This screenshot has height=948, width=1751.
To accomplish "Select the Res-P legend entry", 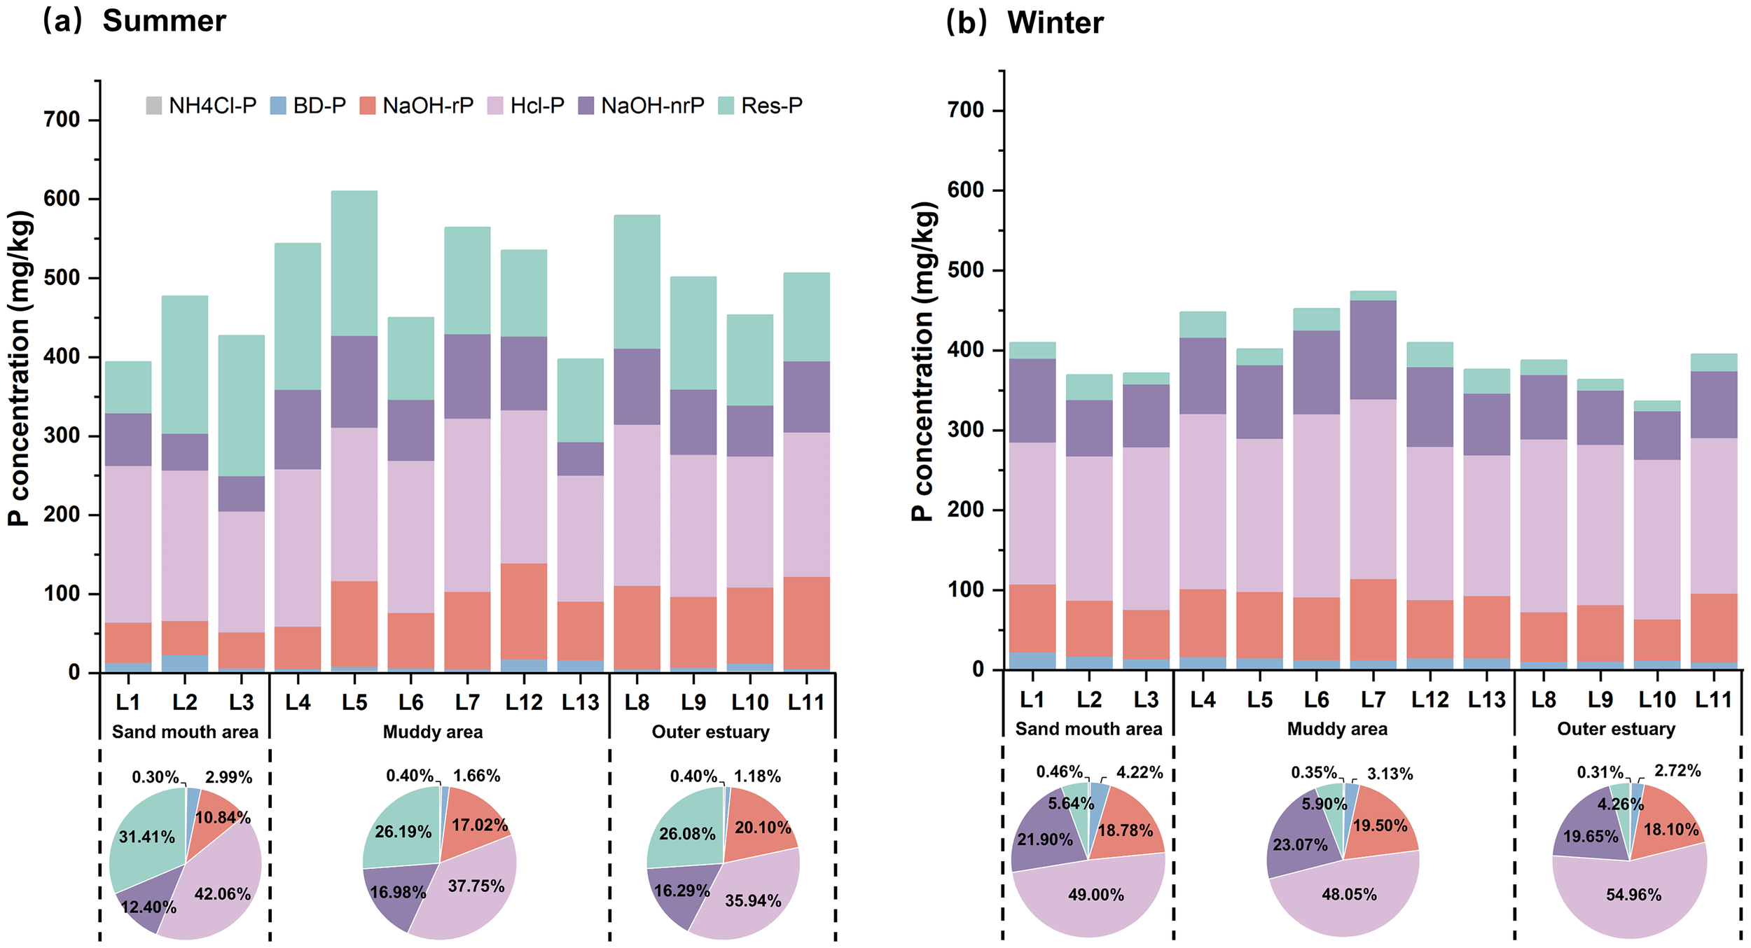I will point(761,106).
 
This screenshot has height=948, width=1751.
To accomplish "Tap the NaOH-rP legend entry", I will point(417,106).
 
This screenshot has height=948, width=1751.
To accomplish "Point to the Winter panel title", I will point(1055,23).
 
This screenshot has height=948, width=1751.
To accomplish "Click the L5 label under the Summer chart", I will point(354,702).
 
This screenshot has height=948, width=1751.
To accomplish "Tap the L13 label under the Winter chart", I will point(1486,699).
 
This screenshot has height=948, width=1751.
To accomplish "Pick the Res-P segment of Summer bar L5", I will point(354,263).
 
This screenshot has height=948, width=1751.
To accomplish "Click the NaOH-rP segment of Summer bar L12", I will point(524,611).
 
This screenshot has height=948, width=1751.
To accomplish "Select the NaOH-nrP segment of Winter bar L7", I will point(1373,349).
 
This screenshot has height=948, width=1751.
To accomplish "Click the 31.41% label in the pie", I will point(146,837).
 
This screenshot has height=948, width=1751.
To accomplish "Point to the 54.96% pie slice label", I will point(1633,895).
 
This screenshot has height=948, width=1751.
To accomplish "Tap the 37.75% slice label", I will point(476,886).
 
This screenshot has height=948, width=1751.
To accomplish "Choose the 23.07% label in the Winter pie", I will point(1300,844).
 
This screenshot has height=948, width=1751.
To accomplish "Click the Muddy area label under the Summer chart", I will point(433,732).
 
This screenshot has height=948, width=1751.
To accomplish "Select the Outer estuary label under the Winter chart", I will point(1616,729).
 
